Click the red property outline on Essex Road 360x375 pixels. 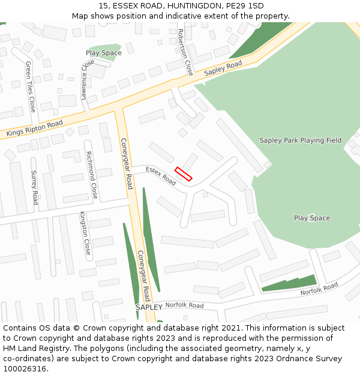click(x=183, y=174)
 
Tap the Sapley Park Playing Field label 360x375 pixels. click(x=300, y=140)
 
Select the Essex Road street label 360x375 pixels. click(x=161, y=176)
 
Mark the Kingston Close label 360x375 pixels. click(x=87, y=234)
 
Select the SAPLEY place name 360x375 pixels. click(x=149, y=307)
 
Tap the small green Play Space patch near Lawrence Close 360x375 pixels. click(x=104, y=52)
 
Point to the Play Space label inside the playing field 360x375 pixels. click(x=312, y=218)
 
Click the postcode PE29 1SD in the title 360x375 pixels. click(x=247, y=6)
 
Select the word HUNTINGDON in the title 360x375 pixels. click(x=188, y=6)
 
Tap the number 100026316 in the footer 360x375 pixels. click(x=26, y=369)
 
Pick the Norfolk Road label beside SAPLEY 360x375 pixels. click(x=184, y=305)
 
